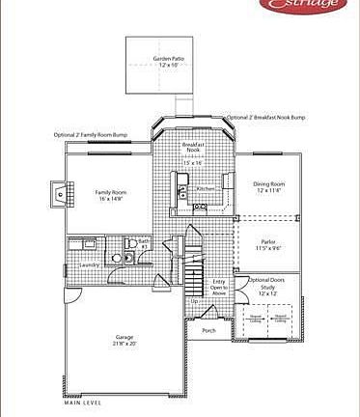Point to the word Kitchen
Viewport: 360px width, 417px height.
pos(206,188)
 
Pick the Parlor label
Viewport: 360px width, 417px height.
pos(267,241)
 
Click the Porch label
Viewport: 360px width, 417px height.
pos(208,331)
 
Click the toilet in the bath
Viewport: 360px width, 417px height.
pos(116,258)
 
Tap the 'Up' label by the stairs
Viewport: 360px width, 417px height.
pos(194,301)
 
